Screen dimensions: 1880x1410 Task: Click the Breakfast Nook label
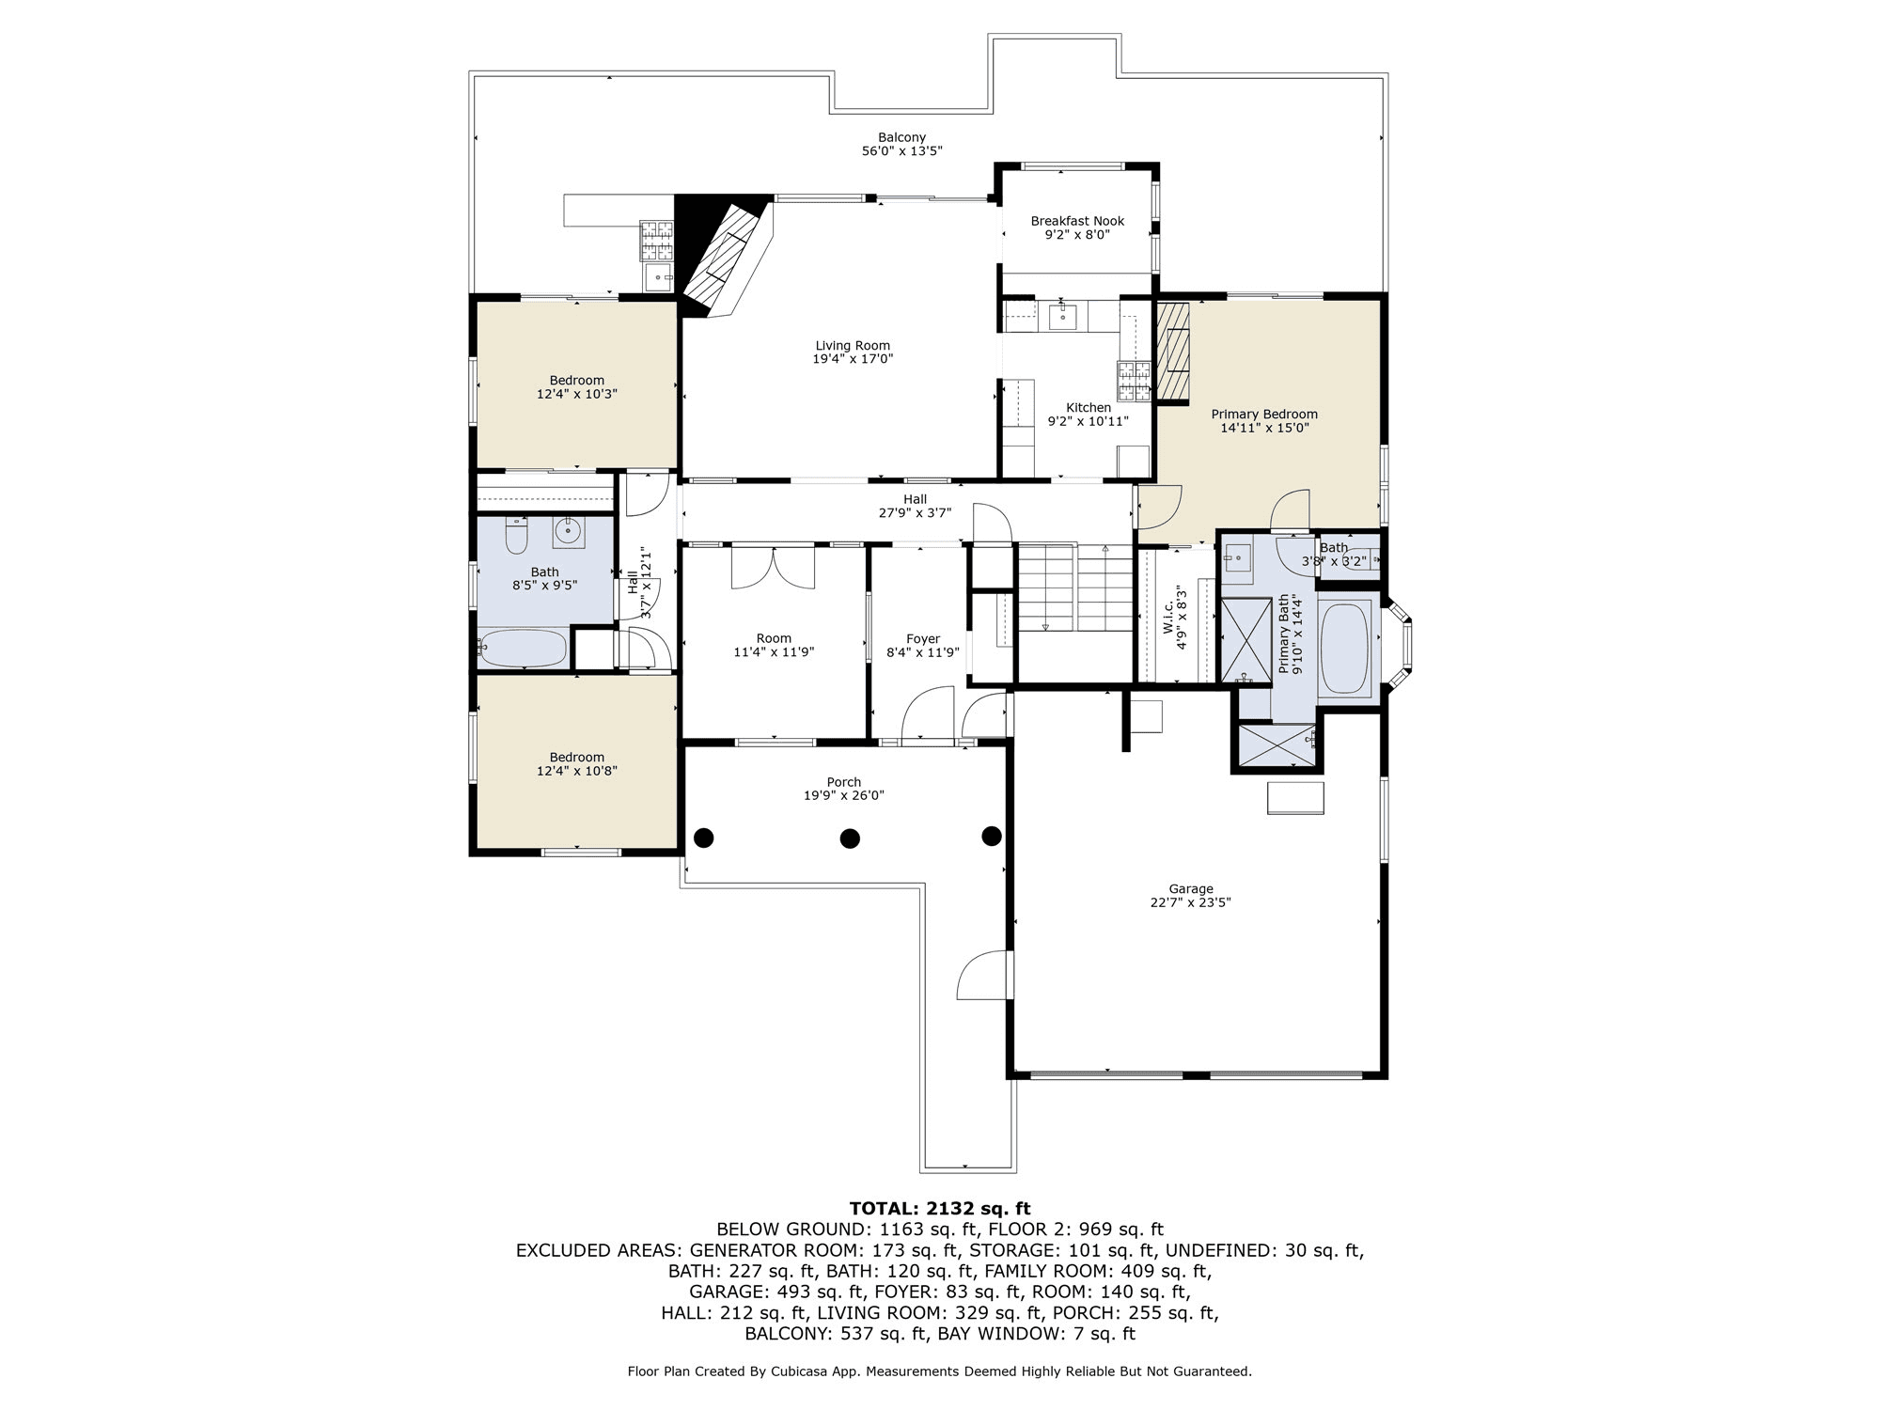click(1077, 221)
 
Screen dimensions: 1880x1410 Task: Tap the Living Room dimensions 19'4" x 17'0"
click(853, 359)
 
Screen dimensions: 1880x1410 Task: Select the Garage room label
click(1191, 888)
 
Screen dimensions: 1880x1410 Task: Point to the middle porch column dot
click(850, 838)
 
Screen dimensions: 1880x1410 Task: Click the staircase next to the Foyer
click(1075, 587)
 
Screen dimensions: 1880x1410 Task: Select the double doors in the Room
click(773, 567)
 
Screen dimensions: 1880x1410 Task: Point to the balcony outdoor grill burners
click(657, 240)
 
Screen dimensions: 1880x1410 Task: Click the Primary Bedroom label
click(1264, 415)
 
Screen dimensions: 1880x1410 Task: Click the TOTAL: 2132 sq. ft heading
click(940, 1209)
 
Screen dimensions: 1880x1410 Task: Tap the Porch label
click(844, 782)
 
